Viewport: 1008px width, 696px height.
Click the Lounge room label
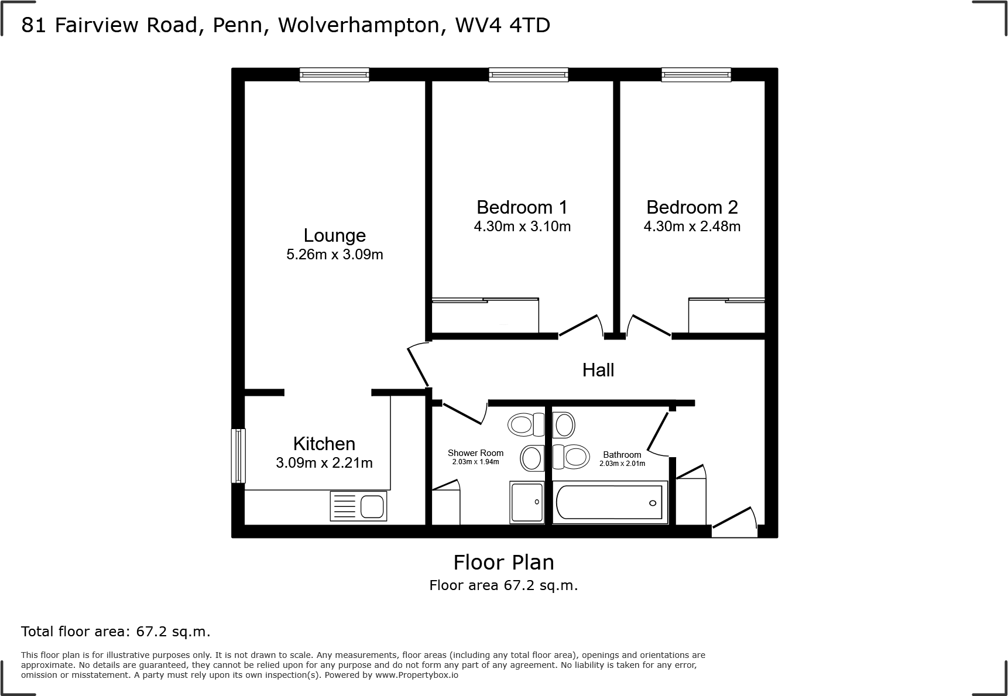(334, 235)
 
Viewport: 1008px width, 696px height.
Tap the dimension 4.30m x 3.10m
(522, 227)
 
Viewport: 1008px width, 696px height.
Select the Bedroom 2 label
(692, 207)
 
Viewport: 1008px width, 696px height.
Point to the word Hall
(598, 370)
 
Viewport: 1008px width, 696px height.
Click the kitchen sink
(359, 506)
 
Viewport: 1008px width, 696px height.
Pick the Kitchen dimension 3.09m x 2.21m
(324, 463)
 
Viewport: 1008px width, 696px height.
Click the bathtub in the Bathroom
(609, 502)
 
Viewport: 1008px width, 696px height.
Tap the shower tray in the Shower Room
(527, 502)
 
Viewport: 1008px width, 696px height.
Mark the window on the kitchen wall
(238, 456)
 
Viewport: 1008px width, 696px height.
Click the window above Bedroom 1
(529, 74)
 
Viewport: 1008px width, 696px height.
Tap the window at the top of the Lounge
(334, 74)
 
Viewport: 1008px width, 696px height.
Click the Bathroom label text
(622, 455)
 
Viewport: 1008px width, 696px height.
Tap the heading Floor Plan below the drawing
(503, 563)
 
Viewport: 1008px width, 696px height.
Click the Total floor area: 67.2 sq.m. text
(115, 632)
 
